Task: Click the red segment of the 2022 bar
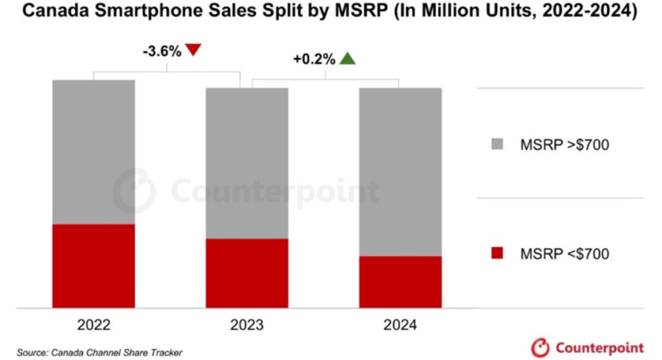pos(94,266)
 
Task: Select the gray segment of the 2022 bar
pos(94,152)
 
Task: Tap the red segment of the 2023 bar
pos(247,273)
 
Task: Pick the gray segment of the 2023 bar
pos(247,163)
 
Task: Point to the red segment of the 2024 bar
pos(400,282)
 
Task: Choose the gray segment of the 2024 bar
pos(400,171)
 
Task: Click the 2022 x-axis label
pos(94,324)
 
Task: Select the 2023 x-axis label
pos(247,324)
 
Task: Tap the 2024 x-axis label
pos(400,324)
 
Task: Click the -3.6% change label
pos(162,51)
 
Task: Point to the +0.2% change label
pos(314,59)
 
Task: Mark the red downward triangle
pos(194,50)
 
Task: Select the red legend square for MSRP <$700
pos(497,253)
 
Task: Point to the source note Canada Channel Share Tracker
pos(100,352)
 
